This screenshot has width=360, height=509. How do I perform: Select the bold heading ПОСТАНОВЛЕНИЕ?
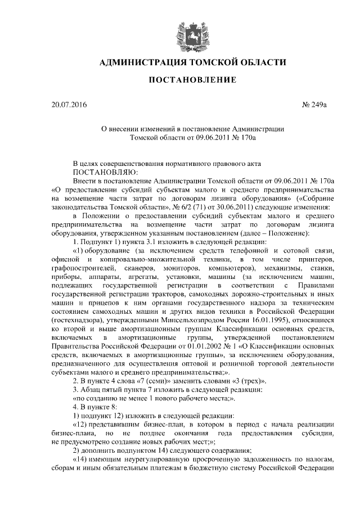[192, 80]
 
